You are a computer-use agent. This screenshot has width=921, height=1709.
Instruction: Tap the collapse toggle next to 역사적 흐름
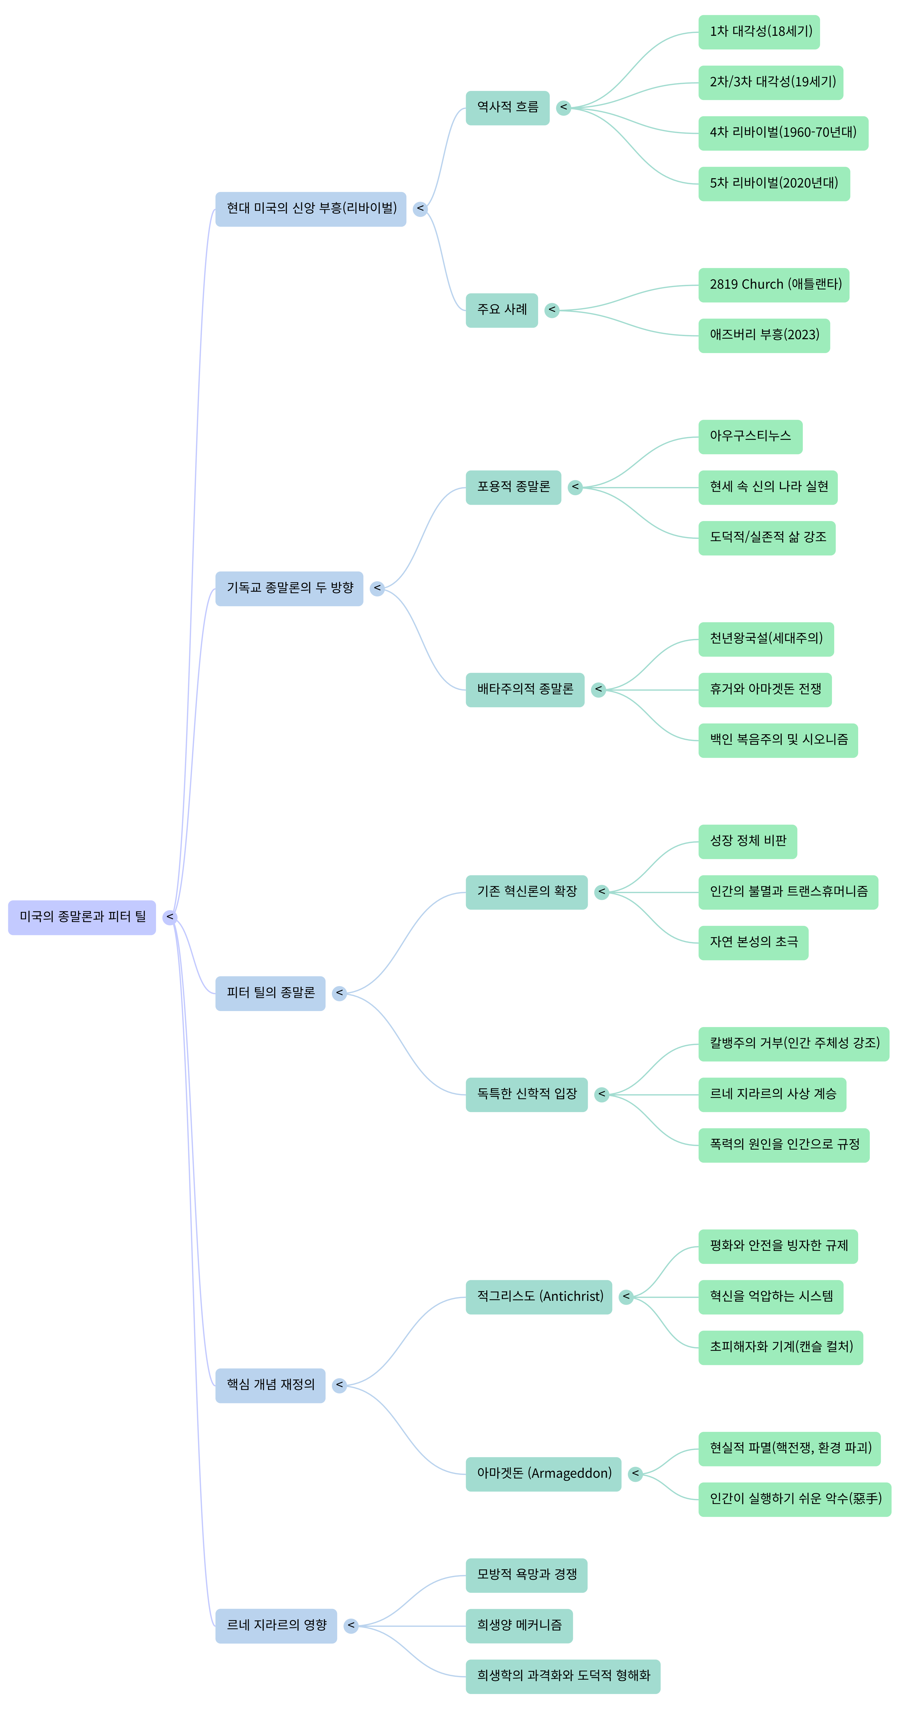click(x=564, y=107)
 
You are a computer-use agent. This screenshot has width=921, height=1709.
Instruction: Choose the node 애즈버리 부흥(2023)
click(x=764, y=335)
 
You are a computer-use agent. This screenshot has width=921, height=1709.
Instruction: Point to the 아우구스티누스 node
click(x=750, y=437)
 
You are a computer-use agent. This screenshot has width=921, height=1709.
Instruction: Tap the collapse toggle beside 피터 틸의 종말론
click(x=340, y=993)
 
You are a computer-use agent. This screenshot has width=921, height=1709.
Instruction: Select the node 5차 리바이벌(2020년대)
click(x=774, y=184)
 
